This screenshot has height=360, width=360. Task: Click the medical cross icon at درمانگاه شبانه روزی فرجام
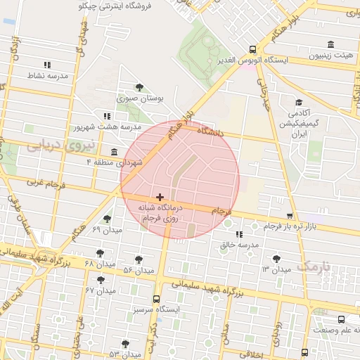(160, 198)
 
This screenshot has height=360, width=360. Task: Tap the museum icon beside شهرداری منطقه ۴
(115, 153)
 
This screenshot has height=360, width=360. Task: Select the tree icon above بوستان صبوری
(139, 88)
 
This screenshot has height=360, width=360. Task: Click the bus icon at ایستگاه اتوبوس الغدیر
(252, 49)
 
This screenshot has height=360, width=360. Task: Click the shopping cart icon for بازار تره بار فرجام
(290, 215)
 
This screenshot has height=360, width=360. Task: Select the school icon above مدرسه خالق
(239, 233)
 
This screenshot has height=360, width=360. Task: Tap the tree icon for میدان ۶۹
(107, 219)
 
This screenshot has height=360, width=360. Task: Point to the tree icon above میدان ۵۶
(138, 259)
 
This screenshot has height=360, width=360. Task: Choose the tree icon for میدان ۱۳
(276, 259)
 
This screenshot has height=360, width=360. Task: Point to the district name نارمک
(314, 266)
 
